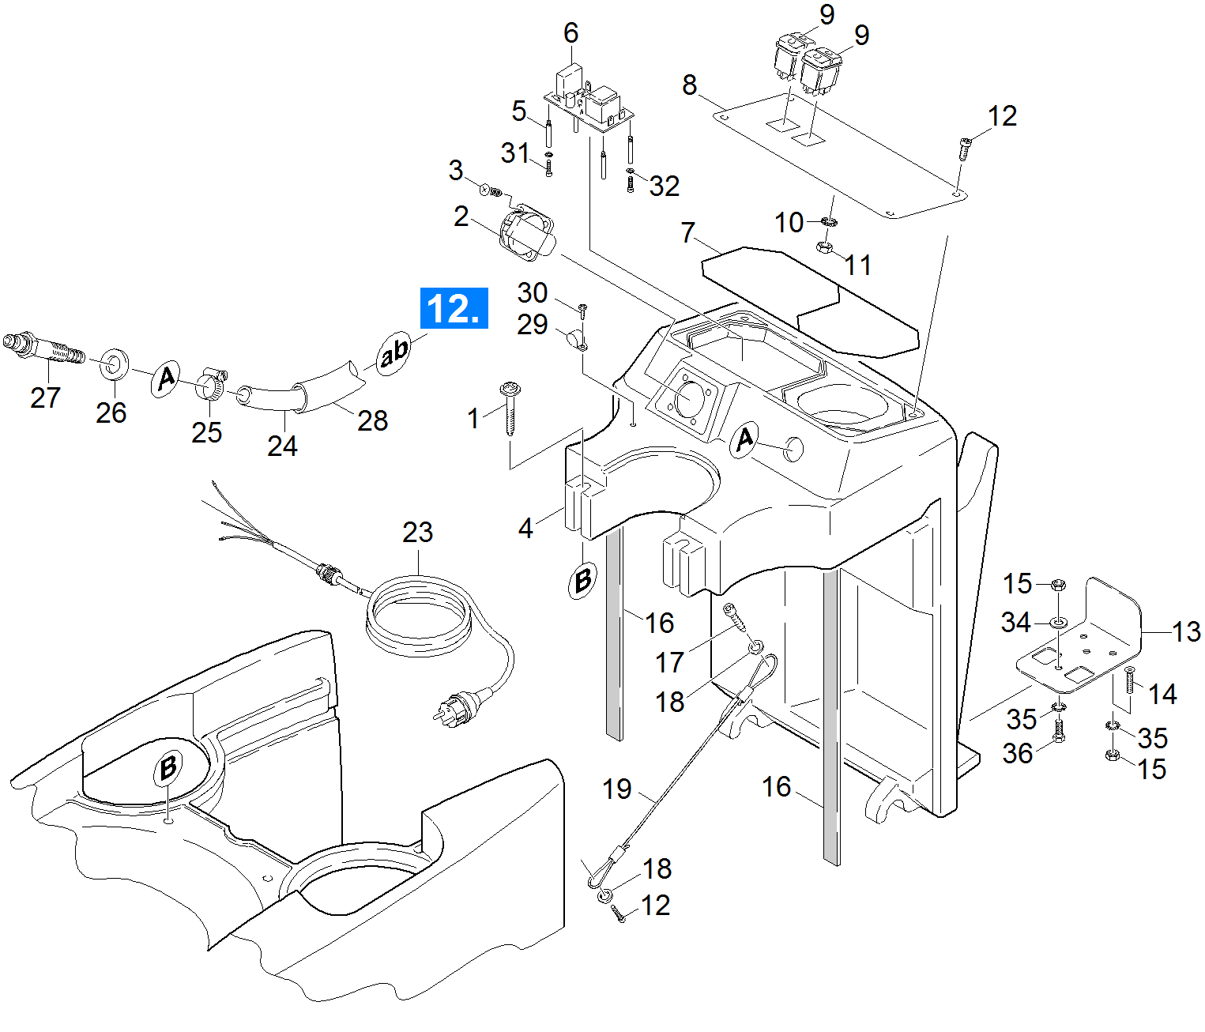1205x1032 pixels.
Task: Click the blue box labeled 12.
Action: click(454, 307)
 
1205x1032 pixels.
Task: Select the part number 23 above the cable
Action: click(417, 532)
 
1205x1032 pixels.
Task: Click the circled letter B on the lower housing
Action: click(168, 767)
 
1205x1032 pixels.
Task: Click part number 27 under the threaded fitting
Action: click(45, 397)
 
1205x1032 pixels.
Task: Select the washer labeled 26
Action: click(115, 364)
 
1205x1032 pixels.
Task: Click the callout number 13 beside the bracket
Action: click(1185, 631)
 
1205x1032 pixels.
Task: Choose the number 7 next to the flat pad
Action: click(688, 232)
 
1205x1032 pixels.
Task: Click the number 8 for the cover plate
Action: click(690, 85)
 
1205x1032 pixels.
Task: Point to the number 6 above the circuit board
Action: click(570, 33)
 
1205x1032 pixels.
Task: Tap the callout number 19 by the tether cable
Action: click(617, 789)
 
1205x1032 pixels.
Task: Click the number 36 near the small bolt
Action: click(1018, 753)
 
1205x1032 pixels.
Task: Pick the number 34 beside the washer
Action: click(1016, 623)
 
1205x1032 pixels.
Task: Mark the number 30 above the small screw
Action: click(533, 293)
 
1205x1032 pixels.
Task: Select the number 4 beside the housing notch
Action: click(525, 528)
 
